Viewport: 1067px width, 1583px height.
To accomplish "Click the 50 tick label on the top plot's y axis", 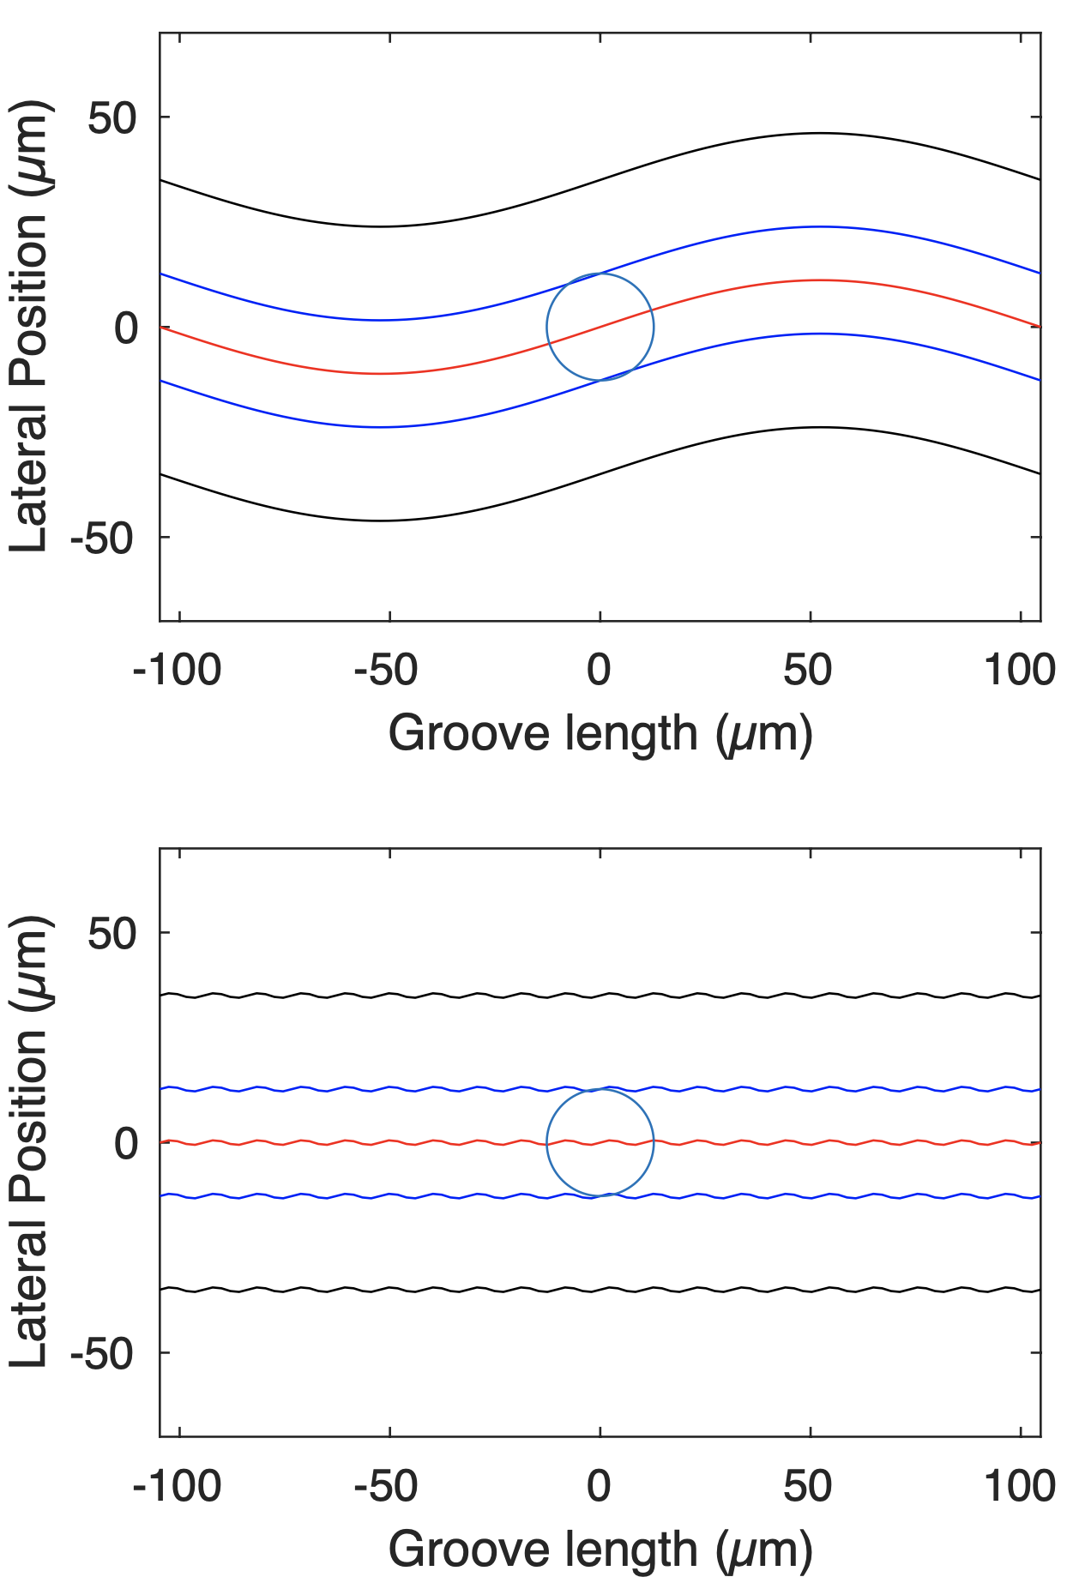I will coord(112,117).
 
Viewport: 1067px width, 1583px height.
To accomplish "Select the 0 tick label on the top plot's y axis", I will coord(125,328).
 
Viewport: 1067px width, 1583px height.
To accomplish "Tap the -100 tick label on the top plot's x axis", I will coord(177,670).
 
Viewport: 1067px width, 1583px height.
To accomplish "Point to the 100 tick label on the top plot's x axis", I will coord(1019,670).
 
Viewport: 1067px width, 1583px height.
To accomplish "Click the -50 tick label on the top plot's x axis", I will coord(386,670).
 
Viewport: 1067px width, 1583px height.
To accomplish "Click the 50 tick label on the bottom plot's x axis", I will coord(808,1486).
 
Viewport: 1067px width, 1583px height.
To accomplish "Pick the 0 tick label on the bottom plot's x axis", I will coord(599,1486).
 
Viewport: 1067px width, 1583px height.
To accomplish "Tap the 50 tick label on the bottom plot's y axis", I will coord(112,933).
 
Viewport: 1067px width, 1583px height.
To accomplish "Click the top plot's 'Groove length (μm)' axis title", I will coord(600,734).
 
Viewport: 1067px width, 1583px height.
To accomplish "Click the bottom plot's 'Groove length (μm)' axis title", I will coord(600,1550).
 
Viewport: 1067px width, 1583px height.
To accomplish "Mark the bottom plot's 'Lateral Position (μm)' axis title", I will coord(30,1142).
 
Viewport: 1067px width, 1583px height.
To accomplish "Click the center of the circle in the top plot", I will coord(600,327).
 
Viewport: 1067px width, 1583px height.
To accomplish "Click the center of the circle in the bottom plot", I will coord(600,1142).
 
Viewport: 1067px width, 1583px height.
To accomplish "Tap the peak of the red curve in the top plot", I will coord(820,280).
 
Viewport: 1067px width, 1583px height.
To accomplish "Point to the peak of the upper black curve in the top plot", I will coord(820,133).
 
